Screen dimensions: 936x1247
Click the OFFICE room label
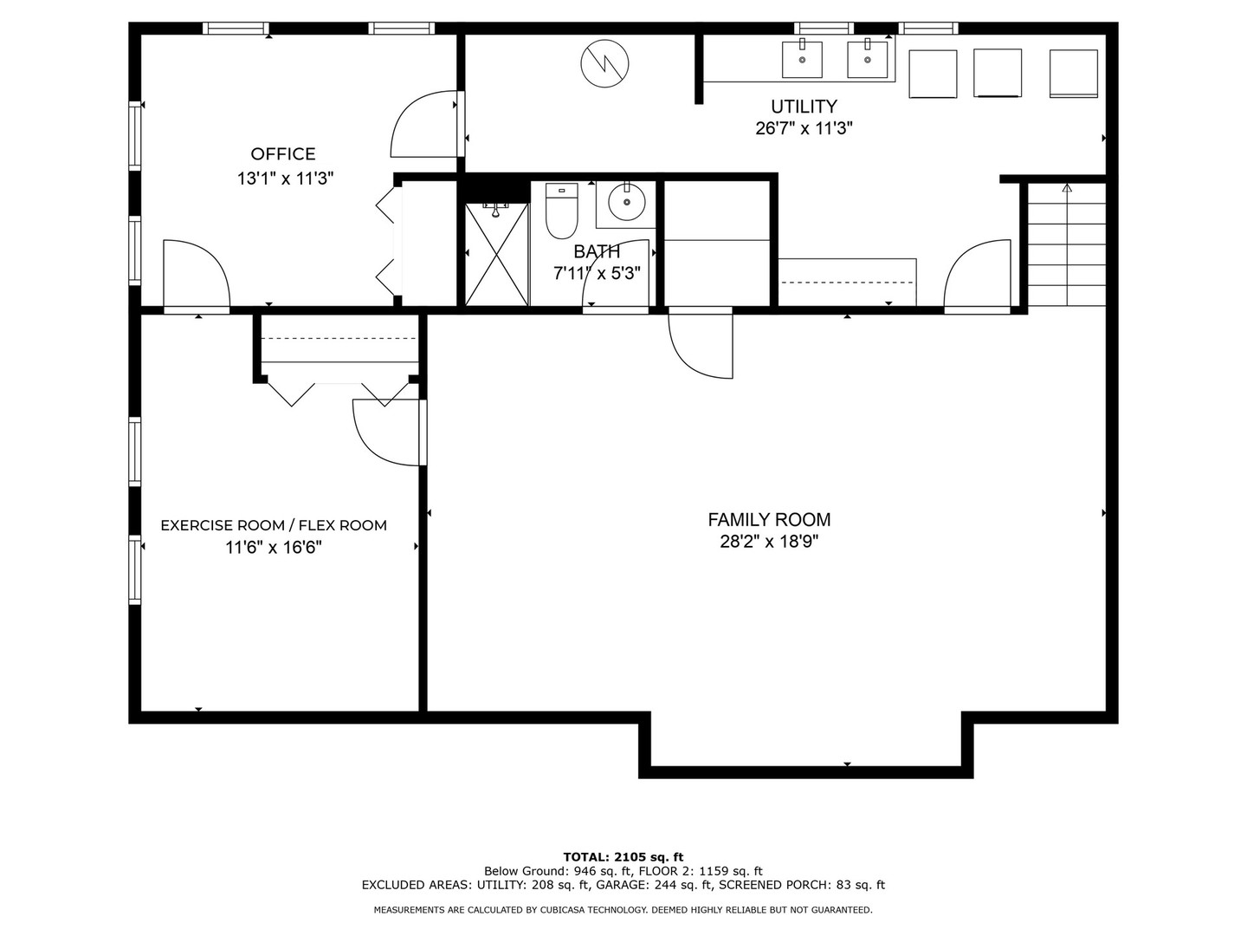coord(283,154)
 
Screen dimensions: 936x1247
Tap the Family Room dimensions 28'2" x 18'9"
coord(769,543)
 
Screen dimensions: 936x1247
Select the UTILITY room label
coord(804,107)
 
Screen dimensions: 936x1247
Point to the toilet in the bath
coord(561,211)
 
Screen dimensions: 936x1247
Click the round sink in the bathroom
coord(626,203)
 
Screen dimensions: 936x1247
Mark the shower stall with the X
coord(496,254)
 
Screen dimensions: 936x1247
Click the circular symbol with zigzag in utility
coord(604,63)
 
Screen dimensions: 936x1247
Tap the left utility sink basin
coord(803,59)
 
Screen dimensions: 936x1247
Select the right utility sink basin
coord(867,59)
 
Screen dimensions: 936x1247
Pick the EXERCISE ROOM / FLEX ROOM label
coord(274,525)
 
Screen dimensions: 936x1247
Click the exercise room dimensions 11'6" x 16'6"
coord(274,548)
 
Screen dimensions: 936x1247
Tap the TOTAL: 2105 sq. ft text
coord(623,857)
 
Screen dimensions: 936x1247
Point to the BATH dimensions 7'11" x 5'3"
coord(597,274)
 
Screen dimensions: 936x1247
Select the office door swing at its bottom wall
coord(196,274)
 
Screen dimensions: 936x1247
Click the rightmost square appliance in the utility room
coord(1073,74)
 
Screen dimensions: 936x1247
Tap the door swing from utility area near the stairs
coord(978,275)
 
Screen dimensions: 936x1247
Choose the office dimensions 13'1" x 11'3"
coord(285,179)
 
